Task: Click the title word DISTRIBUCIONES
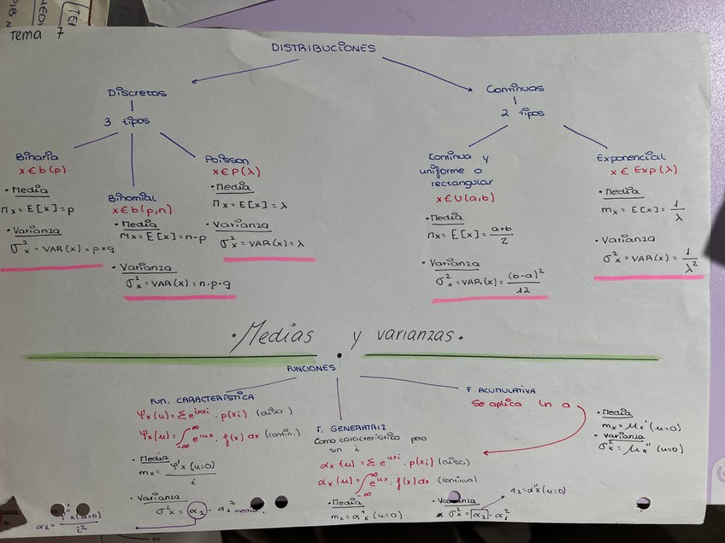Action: coord(323,48)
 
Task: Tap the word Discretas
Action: coord(137,92)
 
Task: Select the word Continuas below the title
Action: coord(516,88)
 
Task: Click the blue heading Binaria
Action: coord(37,157)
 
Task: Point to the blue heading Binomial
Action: coord(132,196)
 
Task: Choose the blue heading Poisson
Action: coord(227,159)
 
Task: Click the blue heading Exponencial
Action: coord(630,157)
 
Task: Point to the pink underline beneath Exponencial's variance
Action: coord(648,277)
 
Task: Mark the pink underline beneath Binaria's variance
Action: coord(51,268)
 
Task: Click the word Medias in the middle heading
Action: coord(273,334)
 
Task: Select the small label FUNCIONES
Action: coord(311,368)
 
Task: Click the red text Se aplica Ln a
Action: coord(520,403)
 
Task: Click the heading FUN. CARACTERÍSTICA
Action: coord(201,399)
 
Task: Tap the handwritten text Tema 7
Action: coord(36,33)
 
